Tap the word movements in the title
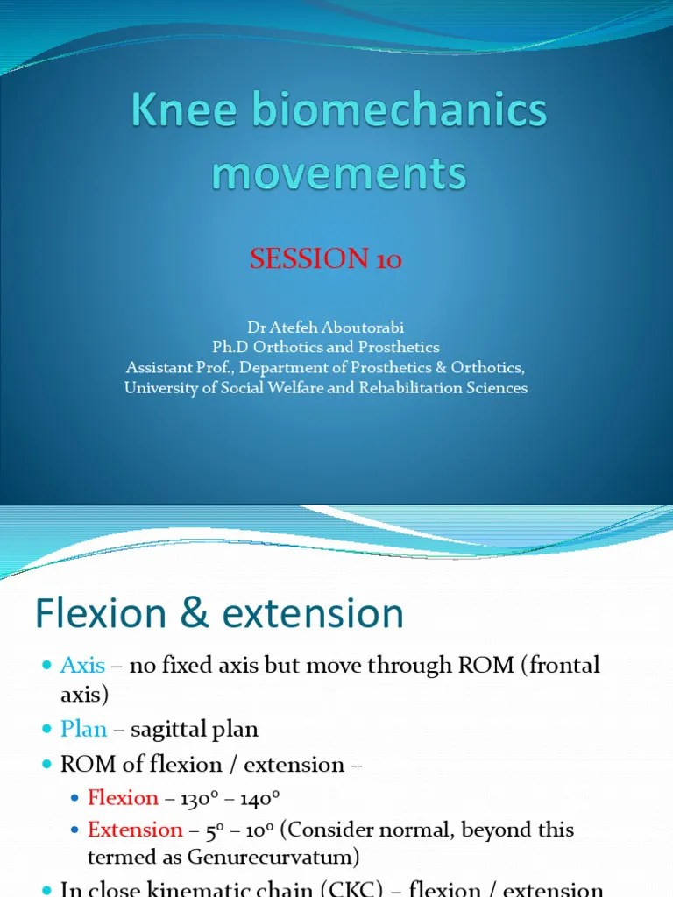point(338,173)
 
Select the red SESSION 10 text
point(326,259)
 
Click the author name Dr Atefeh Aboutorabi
point(325,328)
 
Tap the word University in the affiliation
point(162,387)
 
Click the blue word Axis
point(82,666)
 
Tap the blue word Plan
point(83,729)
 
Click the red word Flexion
point(123,798)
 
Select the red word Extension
point(135,830)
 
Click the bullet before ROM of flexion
point(47,765)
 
